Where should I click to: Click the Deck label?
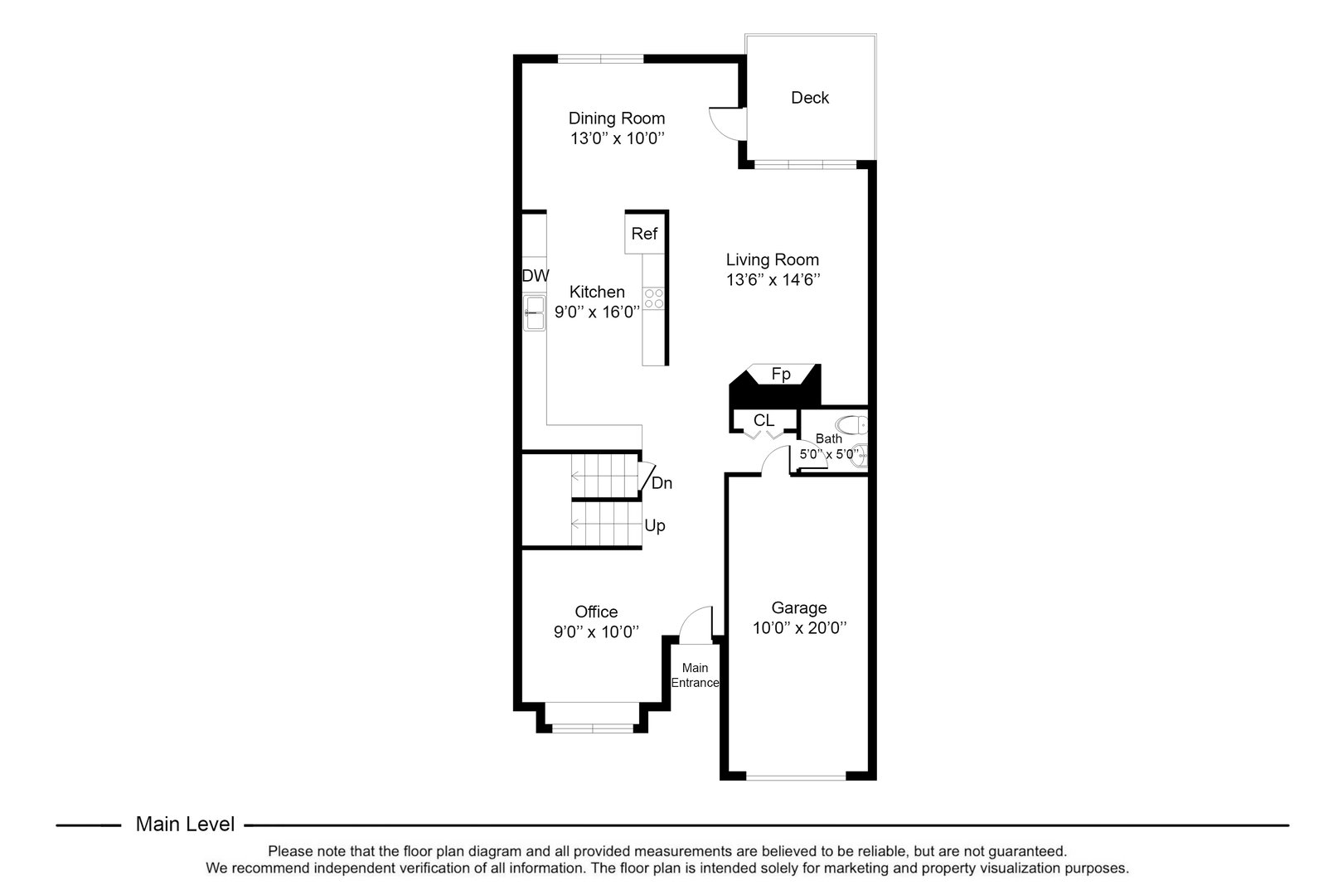[x=809, y=98]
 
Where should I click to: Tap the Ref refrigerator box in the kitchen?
[x=643, y=234]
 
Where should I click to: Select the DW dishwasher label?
[x=535, y=276]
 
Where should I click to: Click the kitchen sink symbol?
[x=534, y=312]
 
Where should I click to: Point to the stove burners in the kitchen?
[x=654, y=298]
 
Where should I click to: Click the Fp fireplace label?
[x=781, y=375]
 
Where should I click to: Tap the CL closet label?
[x=764, y=421]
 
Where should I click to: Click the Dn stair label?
[x=662, y=483]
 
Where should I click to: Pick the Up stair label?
[x=654, y=526]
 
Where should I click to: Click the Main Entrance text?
[x=695, y=675]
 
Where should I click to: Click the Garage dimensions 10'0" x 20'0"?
[x=798, y=628]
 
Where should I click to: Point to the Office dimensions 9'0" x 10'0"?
[x=596, y=632]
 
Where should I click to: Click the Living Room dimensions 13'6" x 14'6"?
[x=773, y=280]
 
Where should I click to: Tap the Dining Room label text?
[x=616, y=119]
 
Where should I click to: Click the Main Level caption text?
[x=185, y=825]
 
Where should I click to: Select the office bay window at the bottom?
[x=592, y=728]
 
